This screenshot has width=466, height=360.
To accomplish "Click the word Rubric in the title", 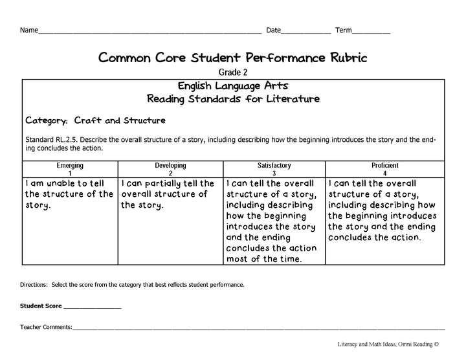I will (x=341, y=58).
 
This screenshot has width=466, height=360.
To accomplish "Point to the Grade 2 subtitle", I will (x=233, y=73).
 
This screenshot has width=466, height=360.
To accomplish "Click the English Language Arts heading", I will (x=233, y=85).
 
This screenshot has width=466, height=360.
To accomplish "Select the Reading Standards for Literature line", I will (x=233, y=99).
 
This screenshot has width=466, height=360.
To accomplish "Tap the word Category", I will (x=47, y=120).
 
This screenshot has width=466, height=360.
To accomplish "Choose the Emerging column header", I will (x=70, y=165).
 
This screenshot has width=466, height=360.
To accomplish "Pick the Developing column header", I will (x=170, y=165).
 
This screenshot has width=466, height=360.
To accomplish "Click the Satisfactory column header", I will (x=274, y=165).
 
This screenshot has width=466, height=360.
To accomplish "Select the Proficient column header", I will (x=385, y=165).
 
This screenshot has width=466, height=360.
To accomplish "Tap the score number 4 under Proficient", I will (x=385, y=173).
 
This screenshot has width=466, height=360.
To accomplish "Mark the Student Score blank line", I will (x=92, y=307).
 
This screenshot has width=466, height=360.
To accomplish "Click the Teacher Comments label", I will (x=46, y=327).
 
